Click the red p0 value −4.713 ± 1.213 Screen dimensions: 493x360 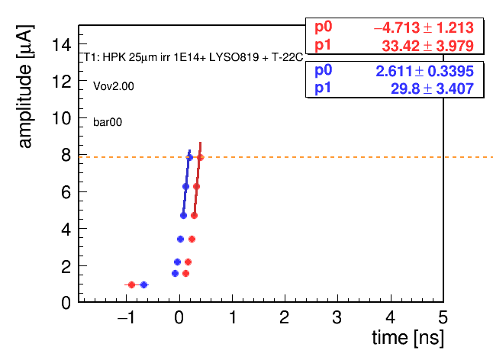coord(424,27)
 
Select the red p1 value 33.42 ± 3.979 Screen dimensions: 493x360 coord(427,46)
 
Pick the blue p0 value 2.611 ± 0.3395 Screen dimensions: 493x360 coord(424,71)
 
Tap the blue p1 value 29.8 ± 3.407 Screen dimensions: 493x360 coord(432,89)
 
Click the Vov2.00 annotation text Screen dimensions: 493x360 coord(114,86)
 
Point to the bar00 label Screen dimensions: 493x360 coord(108,122)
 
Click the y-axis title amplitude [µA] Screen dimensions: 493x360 coord(25,86)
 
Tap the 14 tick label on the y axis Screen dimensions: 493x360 coord(62,44)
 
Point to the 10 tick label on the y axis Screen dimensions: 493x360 coord(62,118)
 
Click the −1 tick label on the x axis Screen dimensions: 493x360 coord(127,317)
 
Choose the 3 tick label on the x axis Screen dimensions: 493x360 coord(337,317)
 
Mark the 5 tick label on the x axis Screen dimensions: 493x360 coord(443,317)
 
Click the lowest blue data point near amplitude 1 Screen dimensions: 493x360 coord(143,285)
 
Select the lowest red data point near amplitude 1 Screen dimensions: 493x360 coord(132,285)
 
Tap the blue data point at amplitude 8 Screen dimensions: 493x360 coord(189,157)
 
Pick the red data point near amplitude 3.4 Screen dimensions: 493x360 coord(192,239)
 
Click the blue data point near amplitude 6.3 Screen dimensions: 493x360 coord(185,187)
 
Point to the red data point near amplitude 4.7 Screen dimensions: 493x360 coord(194,216)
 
